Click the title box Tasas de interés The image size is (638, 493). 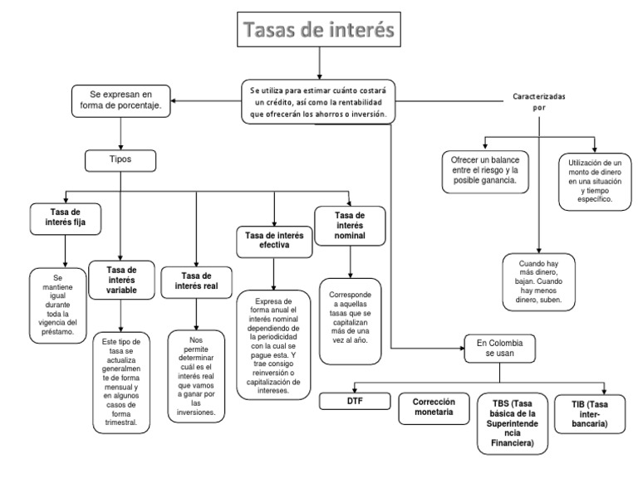point(318,32)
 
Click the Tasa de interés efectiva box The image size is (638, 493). point(274,241)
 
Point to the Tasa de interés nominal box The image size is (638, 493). point(348,223)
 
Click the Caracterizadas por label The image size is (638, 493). point(539,101)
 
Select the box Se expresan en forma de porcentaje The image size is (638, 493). point(121,100)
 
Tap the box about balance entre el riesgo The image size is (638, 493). point(486,170)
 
